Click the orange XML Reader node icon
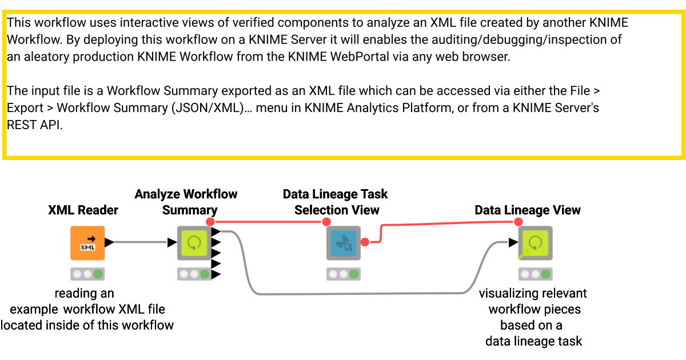[87, 243]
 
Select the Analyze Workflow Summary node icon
[194, 243]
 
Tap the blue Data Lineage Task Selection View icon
[344, 243]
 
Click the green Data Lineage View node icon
[536, 243]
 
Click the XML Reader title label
[83, 210]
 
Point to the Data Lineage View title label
[527, 210]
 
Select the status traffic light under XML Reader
[87, 274]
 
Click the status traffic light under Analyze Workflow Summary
[194, 274]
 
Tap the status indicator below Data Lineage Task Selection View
[344, 274]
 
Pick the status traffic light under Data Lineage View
[536, 274]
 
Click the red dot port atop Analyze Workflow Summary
[210, 222]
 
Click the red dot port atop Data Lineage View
[517, 222]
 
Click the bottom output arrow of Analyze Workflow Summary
[216, 274]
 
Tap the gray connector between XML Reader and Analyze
[140, 242]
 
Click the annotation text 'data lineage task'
[533, 341]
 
